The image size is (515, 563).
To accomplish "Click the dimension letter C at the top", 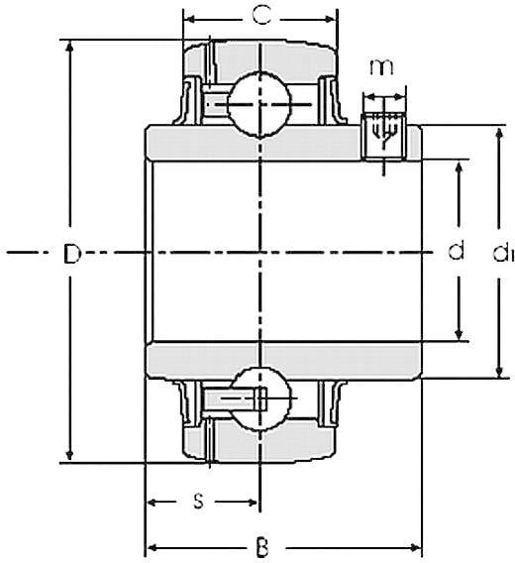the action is coord(262,16).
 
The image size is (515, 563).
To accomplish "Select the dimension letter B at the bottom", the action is coord(262,547).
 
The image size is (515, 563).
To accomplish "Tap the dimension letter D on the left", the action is coord(72,254).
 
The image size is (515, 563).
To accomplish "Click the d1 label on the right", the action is coord(503,253).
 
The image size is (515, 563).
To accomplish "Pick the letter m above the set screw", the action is coord(381,67).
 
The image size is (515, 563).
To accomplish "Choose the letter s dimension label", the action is coord(198,502).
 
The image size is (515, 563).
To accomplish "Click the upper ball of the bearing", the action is coord(259,104).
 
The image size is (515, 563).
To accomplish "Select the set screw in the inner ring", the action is coord(383,137).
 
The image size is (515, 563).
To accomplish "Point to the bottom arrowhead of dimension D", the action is coord(70,455).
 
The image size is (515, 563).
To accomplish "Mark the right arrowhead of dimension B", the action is coord(415,548).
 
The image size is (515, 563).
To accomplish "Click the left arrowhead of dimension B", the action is coord(154,548).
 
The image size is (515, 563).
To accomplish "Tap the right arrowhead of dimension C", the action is coord(330,19).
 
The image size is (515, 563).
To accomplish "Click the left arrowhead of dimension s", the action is coord(154,503).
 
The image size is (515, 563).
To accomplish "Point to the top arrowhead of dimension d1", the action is coord(498,133).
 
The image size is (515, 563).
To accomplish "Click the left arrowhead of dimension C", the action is coord(190,19).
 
